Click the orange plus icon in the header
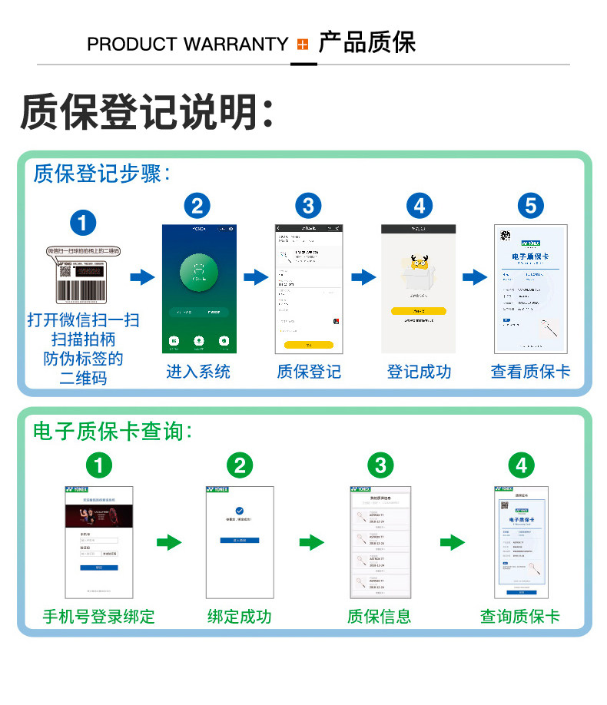point(302,45)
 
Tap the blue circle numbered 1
point(83,223)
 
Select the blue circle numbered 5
point(530,205)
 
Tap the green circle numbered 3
point(380,465)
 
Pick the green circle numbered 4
point(522,465)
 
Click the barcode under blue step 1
point(84,292)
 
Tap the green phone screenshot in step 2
point(198,289)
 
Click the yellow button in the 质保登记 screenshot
point(308,345)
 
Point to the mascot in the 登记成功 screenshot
point(418,270)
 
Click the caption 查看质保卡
point(530,372)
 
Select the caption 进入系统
point(198,372)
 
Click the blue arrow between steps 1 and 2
point(142,277)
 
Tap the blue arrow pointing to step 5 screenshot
point(475,277)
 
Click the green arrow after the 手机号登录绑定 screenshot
point(169,544)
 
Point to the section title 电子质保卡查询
point(112,431)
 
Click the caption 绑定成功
point(239,616)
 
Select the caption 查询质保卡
point(520,616)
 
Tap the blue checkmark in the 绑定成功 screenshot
point(240,511)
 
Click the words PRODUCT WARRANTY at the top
point(187,45)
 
